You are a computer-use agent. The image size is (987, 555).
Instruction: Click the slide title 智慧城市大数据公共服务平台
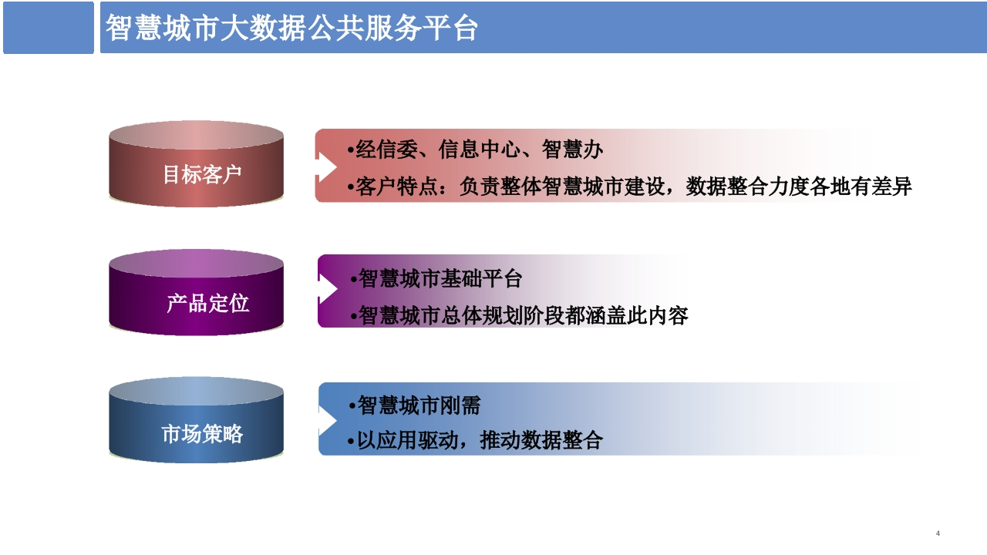tap(291, 28)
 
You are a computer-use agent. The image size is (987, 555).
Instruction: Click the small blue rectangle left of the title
tap(49, 27)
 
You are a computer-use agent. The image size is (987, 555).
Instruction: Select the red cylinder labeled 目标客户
tap(196, 164)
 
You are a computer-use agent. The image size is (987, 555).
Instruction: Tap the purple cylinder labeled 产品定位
tap(196, 292)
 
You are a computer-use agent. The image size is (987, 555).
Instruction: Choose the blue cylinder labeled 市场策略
tap(196, 420)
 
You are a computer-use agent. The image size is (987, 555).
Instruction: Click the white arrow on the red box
tap(326, 167)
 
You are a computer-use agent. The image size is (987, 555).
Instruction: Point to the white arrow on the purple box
tap(328, 289)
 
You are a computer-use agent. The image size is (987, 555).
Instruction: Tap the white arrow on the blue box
tap(328, 421)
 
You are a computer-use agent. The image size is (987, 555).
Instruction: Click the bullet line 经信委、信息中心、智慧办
tap(475, 150)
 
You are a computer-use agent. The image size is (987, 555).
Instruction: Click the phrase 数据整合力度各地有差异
tap(798, 187)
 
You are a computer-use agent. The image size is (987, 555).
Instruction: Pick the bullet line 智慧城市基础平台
tap(436, 278)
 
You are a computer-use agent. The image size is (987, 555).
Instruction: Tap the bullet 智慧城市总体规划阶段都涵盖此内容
tap(519, 315)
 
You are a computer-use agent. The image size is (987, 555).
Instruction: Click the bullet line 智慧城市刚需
tap(414, 405)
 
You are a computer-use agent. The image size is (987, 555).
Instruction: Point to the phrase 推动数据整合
tap(541, 440)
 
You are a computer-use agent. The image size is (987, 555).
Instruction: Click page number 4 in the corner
tap(938, 533)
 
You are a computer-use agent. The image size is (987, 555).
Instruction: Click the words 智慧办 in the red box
tap(572, 150)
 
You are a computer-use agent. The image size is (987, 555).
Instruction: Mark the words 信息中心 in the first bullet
tap(479, 150)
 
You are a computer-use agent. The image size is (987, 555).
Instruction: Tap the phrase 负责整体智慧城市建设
tap(562, 187)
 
